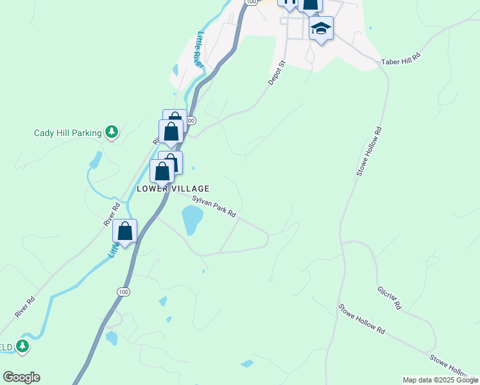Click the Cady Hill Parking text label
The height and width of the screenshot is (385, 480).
[68, 133]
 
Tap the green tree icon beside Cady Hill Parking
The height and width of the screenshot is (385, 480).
[112, 132]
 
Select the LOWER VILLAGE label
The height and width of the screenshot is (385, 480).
[173, 189]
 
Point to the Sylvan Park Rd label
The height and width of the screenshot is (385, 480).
[214, 207]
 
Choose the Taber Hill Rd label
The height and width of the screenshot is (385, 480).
[400, 58]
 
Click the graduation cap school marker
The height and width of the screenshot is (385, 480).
[321, 28]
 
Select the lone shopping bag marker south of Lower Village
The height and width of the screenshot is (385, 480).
[125, 231]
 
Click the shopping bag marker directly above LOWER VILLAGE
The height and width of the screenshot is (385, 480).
[162, 171]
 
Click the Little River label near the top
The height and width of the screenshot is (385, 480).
[200, 49]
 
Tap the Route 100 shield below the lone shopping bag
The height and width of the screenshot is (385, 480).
[122, 292]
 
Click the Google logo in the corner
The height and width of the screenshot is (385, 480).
[21, 377]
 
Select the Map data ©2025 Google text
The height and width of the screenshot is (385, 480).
[440, 380]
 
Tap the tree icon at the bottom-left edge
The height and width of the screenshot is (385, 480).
[23, 346]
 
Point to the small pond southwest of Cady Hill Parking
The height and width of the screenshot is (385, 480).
[96, 160]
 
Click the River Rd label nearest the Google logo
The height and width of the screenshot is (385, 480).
[24, 307]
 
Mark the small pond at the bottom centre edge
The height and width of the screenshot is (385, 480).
[246, 364]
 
